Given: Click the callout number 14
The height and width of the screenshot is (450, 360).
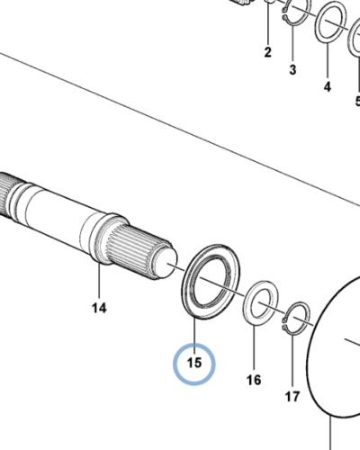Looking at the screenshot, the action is pyautogui.click(x=99, y=308).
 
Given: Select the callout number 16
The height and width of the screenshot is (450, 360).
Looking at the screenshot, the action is pyautogui.click(x=254, y=380).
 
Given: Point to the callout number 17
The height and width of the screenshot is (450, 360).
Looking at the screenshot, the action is pyautogui.click(x=292, y=397).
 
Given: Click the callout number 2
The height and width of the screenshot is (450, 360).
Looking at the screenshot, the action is pyautogui.click(x=268, y=52).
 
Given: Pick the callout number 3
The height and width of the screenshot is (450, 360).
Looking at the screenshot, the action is pyautogui.click(x=292, y=69).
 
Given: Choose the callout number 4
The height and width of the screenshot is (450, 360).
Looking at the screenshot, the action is pyautogui.click(x=328, y=86).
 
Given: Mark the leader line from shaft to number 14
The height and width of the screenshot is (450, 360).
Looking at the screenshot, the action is pyautogui.click(x=99, y=282).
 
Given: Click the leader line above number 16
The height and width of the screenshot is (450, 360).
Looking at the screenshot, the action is pyautogui.click(x=254, y=347).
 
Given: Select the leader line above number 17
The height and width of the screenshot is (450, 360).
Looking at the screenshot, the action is pyautogui.click(x=292, y=361).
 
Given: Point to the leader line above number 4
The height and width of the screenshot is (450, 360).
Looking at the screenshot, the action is pyautogui.click(x=328, y=61).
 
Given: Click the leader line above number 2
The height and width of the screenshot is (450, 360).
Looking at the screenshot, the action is pyautogui.click(x=268, y=24).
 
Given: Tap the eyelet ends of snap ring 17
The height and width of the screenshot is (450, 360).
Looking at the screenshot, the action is pyautogui.click(x=284, y=324).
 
